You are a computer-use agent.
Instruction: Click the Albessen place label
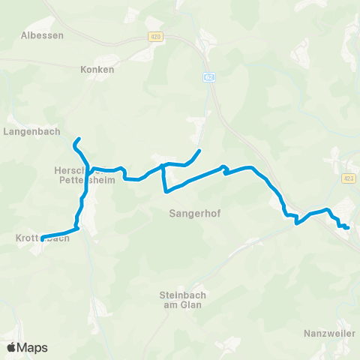click(43, 35)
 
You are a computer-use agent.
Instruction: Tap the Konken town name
click(97, 69)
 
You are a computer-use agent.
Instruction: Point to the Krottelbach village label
click(42, 238)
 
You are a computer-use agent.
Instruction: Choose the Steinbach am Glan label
click(183, 300)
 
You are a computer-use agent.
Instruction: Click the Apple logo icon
click(12, 347)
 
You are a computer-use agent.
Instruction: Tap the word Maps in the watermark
click(32, 348)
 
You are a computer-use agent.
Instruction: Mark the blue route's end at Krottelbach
click(42, 238)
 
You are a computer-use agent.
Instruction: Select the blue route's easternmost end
click(349, 226)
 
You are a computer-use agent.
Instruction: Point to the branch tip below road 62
click(199, 151)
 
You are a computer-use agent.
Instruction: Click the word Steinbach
click(183, 295)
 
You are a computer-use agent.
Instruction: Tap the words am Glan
click(183, 305)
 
